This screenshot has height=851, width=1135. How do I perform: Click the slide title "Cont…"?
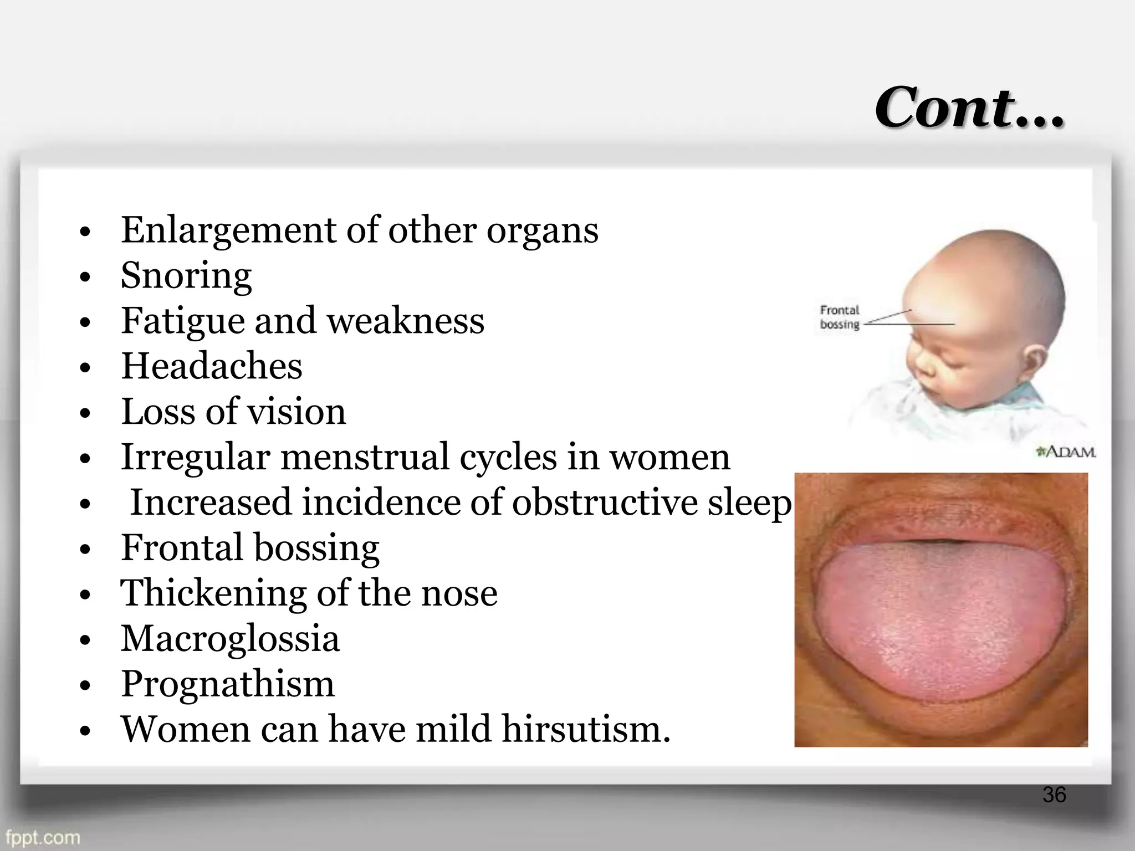(x=969, y=107)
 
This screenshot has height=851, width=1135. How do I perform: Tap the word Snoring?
(x=186, y=275)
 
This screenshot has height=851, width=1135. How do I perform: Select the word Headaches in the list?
(x=212, y=366)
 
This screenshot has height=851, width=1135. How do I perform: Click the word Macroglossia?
(x=230, y=638)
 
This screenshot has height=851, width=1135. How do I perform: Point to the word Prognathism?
(x=228, y=684)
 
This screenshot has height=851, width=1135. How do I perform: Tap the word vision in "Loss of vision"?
(x=296, y=412)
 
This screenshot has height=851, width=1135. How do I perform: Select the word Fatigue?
(x=182, y=321)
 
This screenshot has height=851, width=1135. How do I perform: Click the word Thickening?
(x=213, y=593)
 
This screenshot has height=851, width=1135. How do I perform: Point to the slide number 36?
(x=1054, y=794)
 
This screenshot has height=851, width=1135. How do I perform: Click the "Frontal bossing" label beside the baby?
(x=840, y=317)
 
